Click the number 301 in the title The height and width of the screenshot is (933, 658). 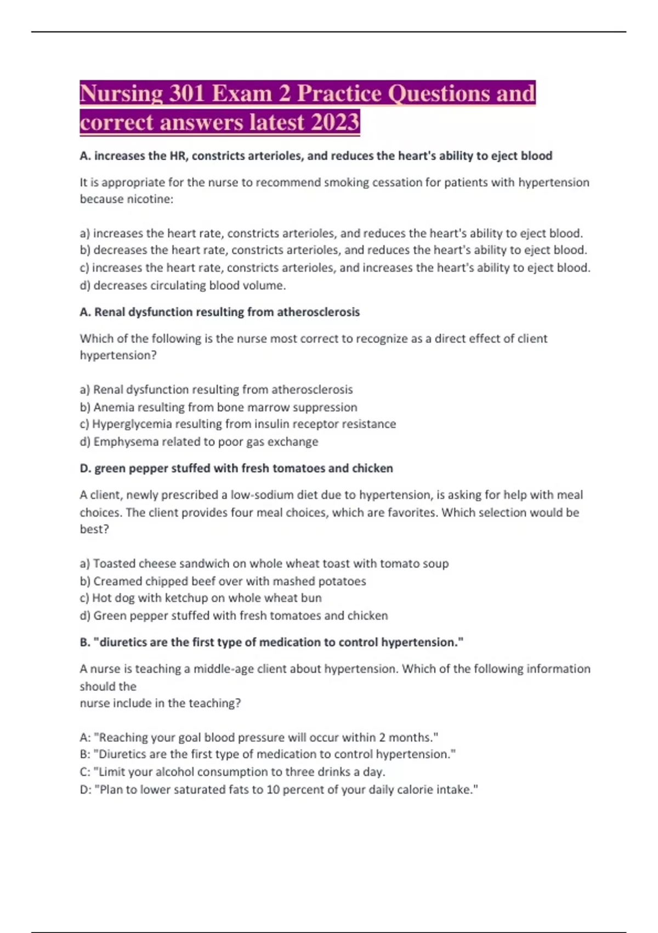(187, 93)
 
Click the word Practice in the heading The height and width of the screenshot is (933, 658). (339, 93)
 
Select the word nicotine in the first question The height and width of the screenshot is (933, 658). (149, 199)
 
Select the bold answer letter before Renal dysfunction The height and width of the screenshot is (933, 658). (85, 312)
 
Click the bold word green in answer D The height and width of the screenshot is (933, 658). (111, 469)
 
